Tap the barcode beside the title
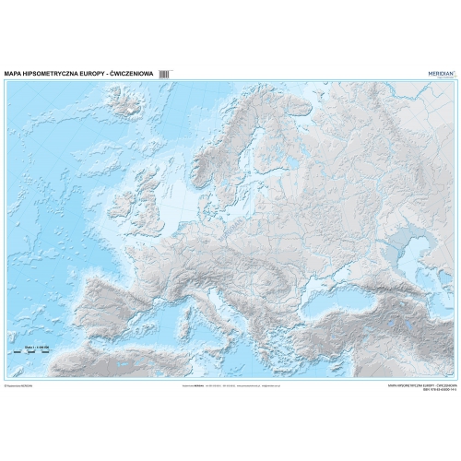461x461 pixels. coord(165,70)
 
